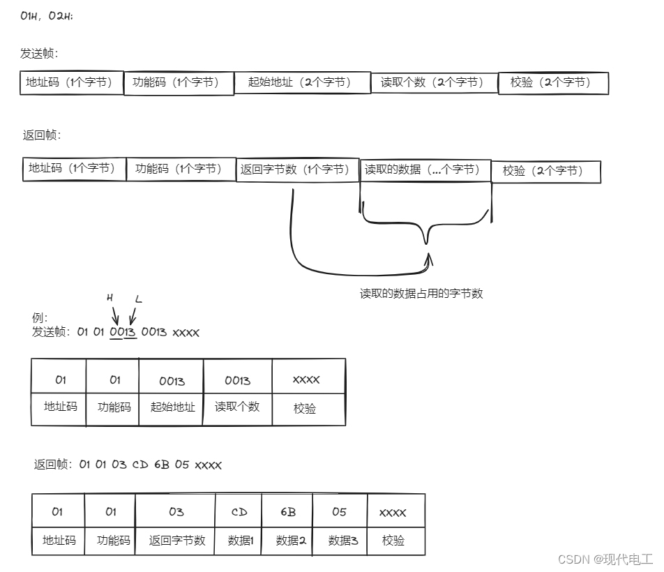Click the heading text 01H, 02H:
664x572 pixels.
47,16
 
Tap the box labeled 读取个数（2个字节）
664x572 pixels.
432,82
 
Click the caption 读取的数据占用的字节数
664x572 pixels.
421,294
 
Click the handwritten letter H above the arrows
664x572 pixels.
110,298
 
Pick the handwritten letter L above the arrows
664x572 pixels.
138,299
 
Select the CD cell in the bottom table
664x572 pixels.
239,512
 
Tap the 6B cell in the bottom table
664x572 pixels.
287,512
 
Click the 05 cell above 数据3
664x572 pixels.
339,512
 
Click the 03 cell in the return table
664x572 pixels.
176,512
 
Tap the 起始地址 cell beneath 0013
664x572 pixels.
172,407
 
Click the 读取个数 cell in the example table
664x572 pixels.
237,407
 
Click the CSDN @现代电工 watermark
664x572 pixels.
603,559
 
